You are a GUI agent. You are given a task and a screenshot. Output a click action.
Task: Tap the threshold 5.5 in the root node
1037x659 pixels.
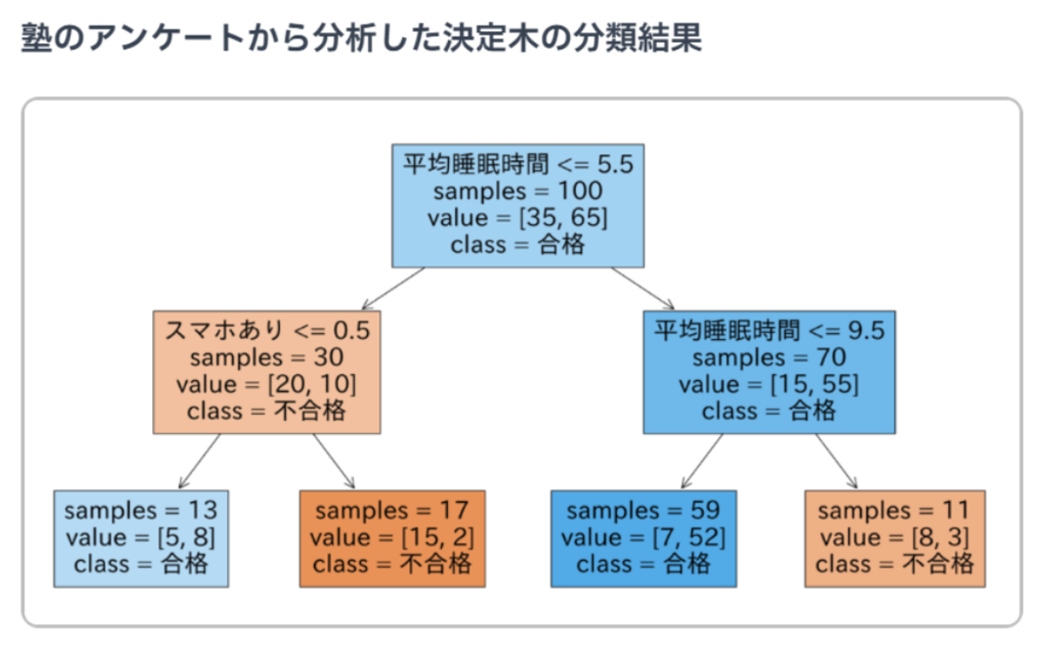pyautogui.click(x=615, y=164)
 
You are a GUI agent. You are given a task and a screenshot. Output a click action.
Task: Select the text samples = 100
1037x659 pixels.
pyautogui.click(x=518, y=191)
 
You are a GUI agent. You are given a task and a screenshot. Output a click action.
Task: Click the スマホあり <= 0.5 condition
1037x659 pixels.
pyautogui.click(x=267, y=329)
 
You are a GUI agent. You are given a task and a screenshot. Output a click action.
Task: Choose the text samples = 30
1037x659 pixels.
pyautogui.click(x=266, y=357)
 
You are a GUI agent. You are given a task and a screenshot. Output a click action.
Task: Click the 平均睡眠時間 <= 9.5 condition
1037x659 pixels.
pyautogui.click(x=769, y=329)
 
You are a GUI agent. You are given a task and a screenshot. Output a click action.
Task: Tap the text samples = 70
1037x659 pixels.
pyautogui.click(x=769, y=357)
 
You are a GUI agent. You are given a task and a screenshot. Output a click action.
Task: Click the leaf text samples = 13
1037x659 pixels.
pyautogui.click(x=141, y=510)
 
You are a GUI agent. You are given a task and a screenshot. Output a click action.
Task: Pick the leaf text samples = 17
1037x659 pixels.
pyautogui.click(x=392, y=510)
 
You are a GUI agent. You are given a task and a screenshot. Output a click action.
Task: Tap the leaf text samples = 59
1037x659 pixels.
pyautogui.click(x=644, y=510)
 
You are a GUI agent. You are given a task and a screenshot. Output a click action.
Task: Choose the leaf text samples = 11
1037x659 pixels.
pyautogui.click(x=895, y=510)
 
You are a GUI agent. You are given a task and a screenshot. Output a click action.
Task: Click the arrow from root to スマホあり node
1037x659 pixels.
pyautogui.click(x=393, y=288)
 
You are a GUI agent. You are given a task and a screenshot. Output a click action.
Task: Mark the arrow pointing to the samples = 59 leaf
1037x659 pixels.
pyautogui.click(x=702, y=462)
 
